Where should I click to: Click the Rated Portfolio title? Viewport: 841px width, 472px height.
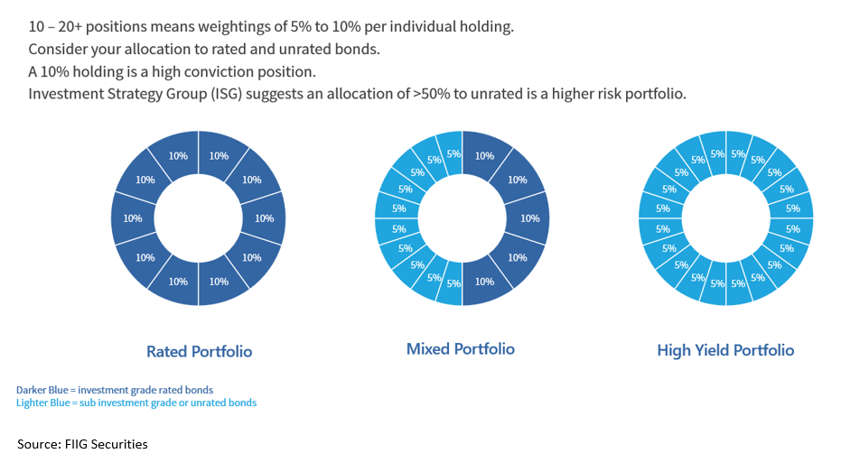199,351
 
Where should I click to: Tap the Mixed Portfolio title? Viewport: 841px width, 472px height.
461,348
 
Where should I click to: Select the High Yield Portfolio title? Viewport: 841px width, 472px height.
725,350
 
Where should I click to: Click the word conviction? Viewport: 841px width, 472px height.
208,72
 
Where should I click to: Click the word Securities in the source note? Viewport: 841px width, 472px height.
121,444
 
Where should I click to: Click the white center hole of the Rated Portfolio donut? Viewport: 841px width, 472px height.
199,218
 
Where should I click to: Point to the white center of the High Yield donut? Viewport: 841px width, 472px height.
725,218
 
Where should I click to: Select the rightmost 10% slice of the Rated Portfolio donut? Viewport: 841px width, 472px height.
265,218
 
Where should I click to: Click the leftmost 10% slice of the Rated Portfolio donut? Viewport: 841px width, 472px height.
133,218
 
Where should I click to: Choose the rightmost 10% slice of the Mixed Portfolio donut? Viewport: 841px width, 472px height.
530,218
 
